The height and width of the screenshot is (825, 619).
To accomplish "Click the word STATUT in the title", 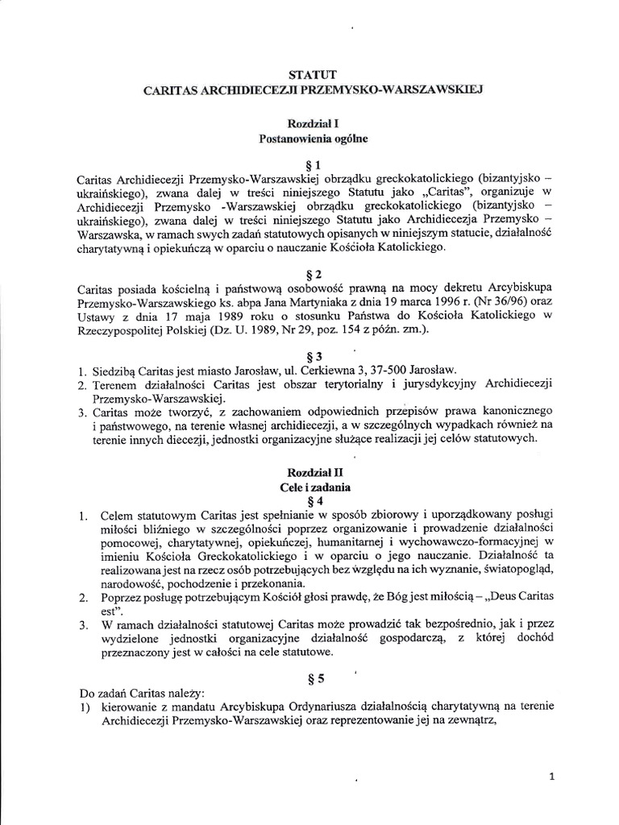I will (310, 74).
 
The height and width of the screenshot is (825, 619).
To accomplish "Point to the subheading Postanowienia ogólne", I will (310, 139).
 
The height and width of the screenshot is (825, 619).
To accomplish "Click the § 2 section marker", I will (310, 273).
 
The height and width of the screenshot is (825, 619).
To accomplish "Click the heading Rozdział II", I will (310, 473).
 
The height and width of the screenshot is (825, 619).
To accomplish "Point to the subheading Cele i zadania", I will (310, 487).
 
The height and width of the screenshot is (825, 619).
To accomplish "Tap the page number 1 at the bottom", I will (552, 777).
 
